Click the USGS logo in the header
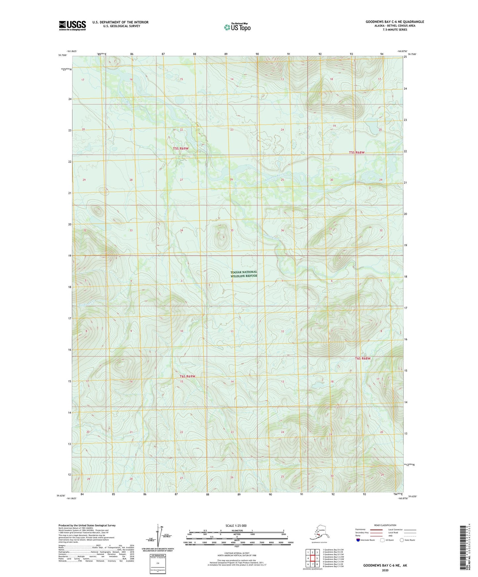click(x=72, y=25)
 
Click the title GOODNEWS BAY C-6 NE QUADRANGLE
click(x=395, y=22)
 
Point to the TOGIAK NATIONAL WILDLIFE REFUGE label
click(x=244, y=274)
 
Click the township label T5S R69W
click(x=181, y=149)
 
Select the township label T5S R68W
click(x=357, y=153)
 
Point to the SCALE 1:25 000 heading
click(x=236, y=526)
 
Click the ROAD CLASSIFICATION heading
click(x=385, y=525)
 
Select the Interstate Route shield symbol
click(x=358, y=540)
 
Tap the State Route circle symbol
click(x=402, y=540)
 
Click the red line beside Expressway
click(x=376, y=529)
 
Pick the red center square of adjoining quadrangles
click(x=312, y=559)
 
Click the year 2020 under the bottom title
click(x=385, y=570)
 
